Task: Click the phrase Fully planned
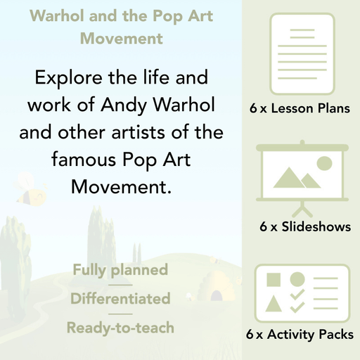pos(120,269)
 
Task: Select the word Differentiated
pos(120,299)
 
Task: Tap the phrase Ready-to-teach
pos(120,328)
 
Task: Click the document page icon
pos(300,51)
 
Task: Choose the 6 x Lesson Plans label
pos(300,109)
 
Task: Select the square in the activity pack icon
pos(274,280)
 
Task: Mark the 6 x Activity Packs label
pos(300,335)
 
